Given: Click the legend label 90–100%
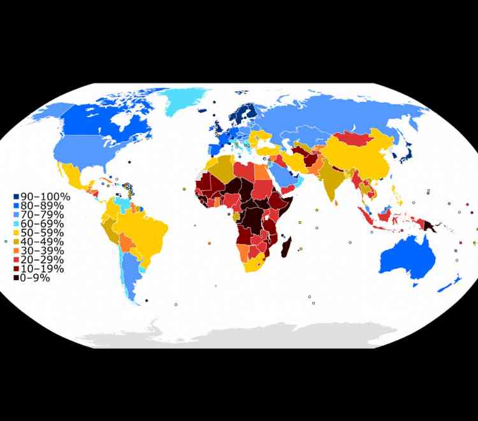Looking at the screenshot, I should [x=45, y=197].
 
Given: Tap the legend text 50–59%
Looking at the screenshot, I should [x=45, y=232].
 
